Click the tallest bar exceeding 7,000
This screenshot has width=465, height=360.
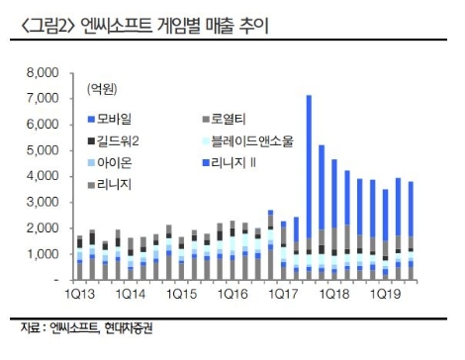(x=309, y=168)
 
